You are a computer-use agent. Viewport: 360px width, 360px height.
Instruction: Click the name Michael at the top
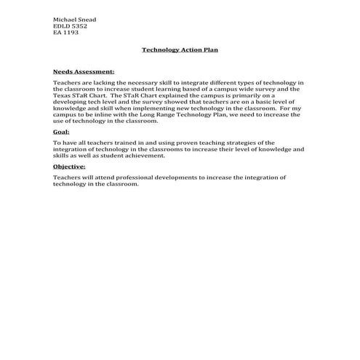tap(64, 19)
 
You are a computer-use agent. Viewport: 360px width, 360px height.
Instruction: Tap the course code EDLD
tap(62, 25)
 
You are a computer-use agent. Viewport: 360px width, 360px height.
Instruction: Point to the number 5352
tap(80, 25)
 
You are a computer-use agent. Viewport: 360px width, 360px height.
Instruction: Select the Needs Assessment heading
tap(84, 72)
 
